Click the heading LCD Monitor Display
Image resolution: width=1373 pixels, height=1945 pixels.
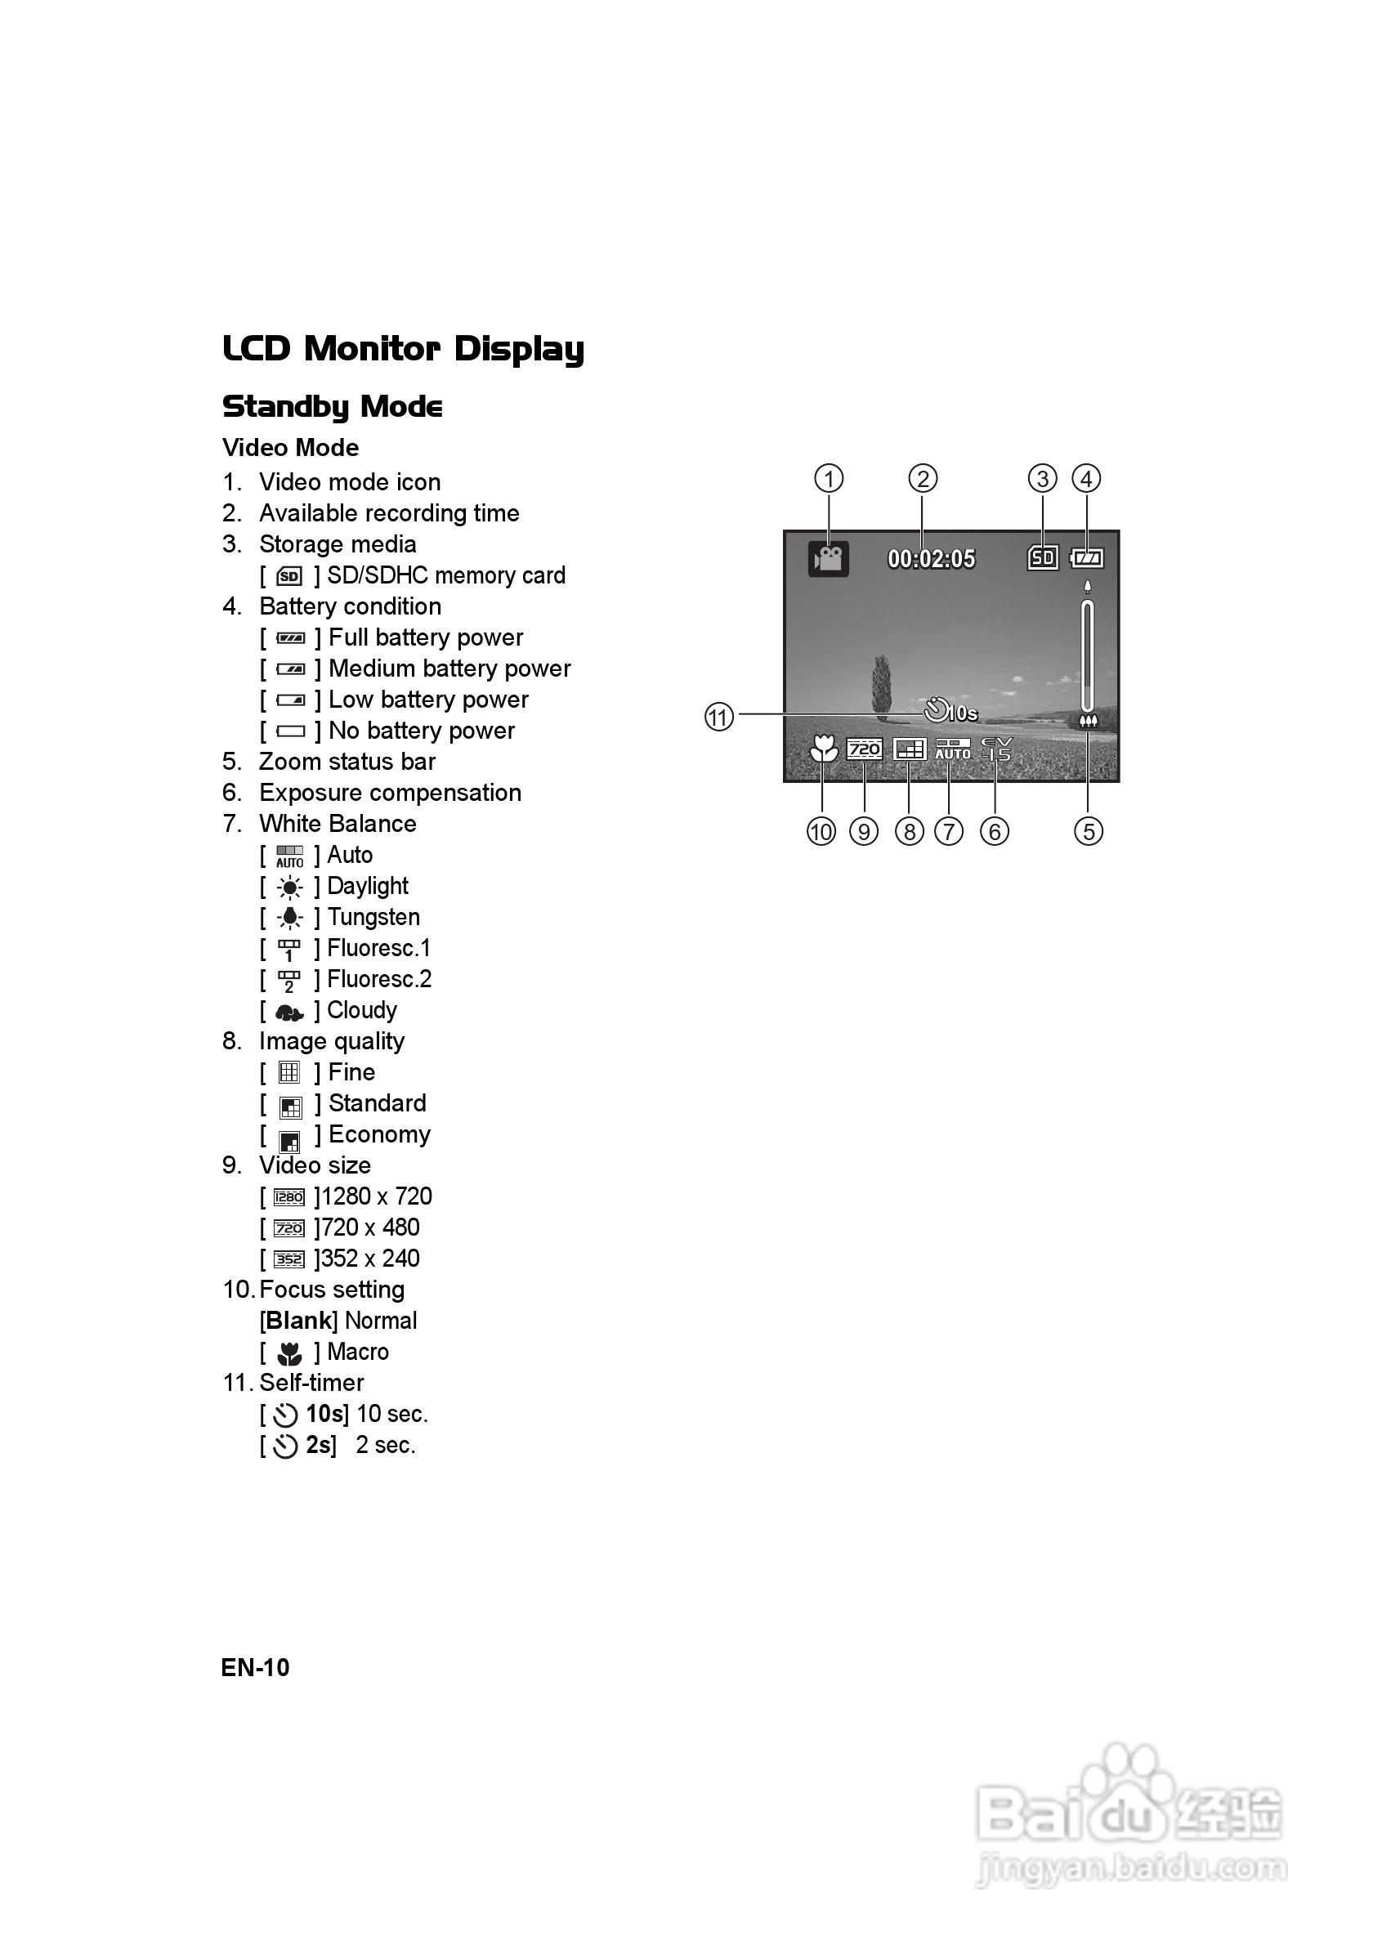point(403,348)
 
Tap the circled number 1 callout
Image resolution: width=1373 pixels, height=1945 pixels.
point(829,479)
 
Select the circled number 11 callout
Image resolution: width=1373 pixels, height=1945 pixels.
point(718,717)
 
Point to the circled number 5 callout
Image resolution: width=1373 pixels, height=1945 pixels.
point(1089,831)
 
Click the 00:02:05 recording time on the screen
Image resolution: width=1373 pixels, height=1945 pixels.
point(931,559)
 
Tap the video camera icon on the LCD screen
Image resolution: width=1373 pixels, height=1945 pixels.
point(829,559)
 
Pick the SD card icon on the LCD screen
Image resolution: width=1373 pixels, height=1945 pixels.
point(1043,557)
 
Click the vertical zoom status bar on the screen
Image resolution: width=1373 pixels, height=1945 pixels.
point(1088,655)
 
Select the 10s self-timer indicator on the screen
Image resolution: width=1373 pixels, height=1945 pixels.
point(950,712)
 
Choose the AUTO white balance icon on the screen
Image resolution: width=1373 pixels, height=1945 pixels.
point(952,749)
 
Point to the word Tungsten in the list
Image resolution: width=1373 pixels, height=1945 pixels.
point(373,917)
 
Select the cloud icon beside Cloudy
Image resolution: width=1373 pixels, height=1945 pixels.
point(289,1012)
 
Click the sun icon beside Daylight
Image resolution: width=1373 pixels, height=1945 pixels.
point(289,887)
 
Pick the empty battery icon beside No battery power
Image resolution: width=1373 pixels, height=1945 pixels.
point(290,731)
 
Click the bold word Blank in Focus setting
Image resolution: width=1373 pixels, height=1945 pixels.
point(299,1321)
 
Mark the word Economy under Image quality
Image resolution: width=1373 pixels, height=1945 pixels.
point(379,1134)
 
